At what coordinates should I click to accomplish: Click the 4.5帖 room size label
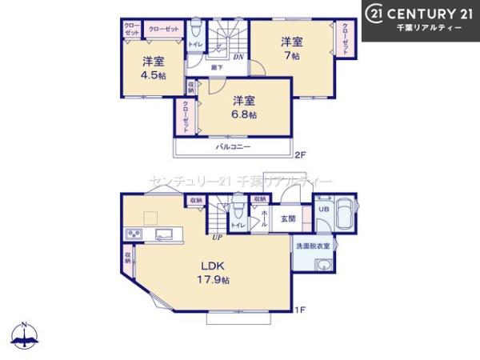coord(154,75)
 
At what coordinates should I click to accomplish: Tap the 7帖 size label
coord(290,56)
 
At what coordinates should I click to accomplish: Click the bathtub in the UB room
coord(345,214)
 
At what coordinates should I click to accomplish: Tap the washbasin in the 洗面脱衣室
coord(322,263)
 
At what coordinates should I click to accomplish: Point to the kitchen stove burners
coord(133,234)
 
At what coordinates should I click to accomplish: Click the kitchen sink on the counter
coord(164,234)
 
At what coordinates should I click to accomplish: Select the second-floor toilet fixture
coord(194,30)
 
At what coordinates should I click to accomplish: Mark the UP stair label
coord(216,237)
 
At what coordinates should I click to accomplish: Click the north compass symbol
coord(26,336)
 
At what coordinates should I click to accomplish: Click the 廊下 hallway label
coord(217,68)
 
